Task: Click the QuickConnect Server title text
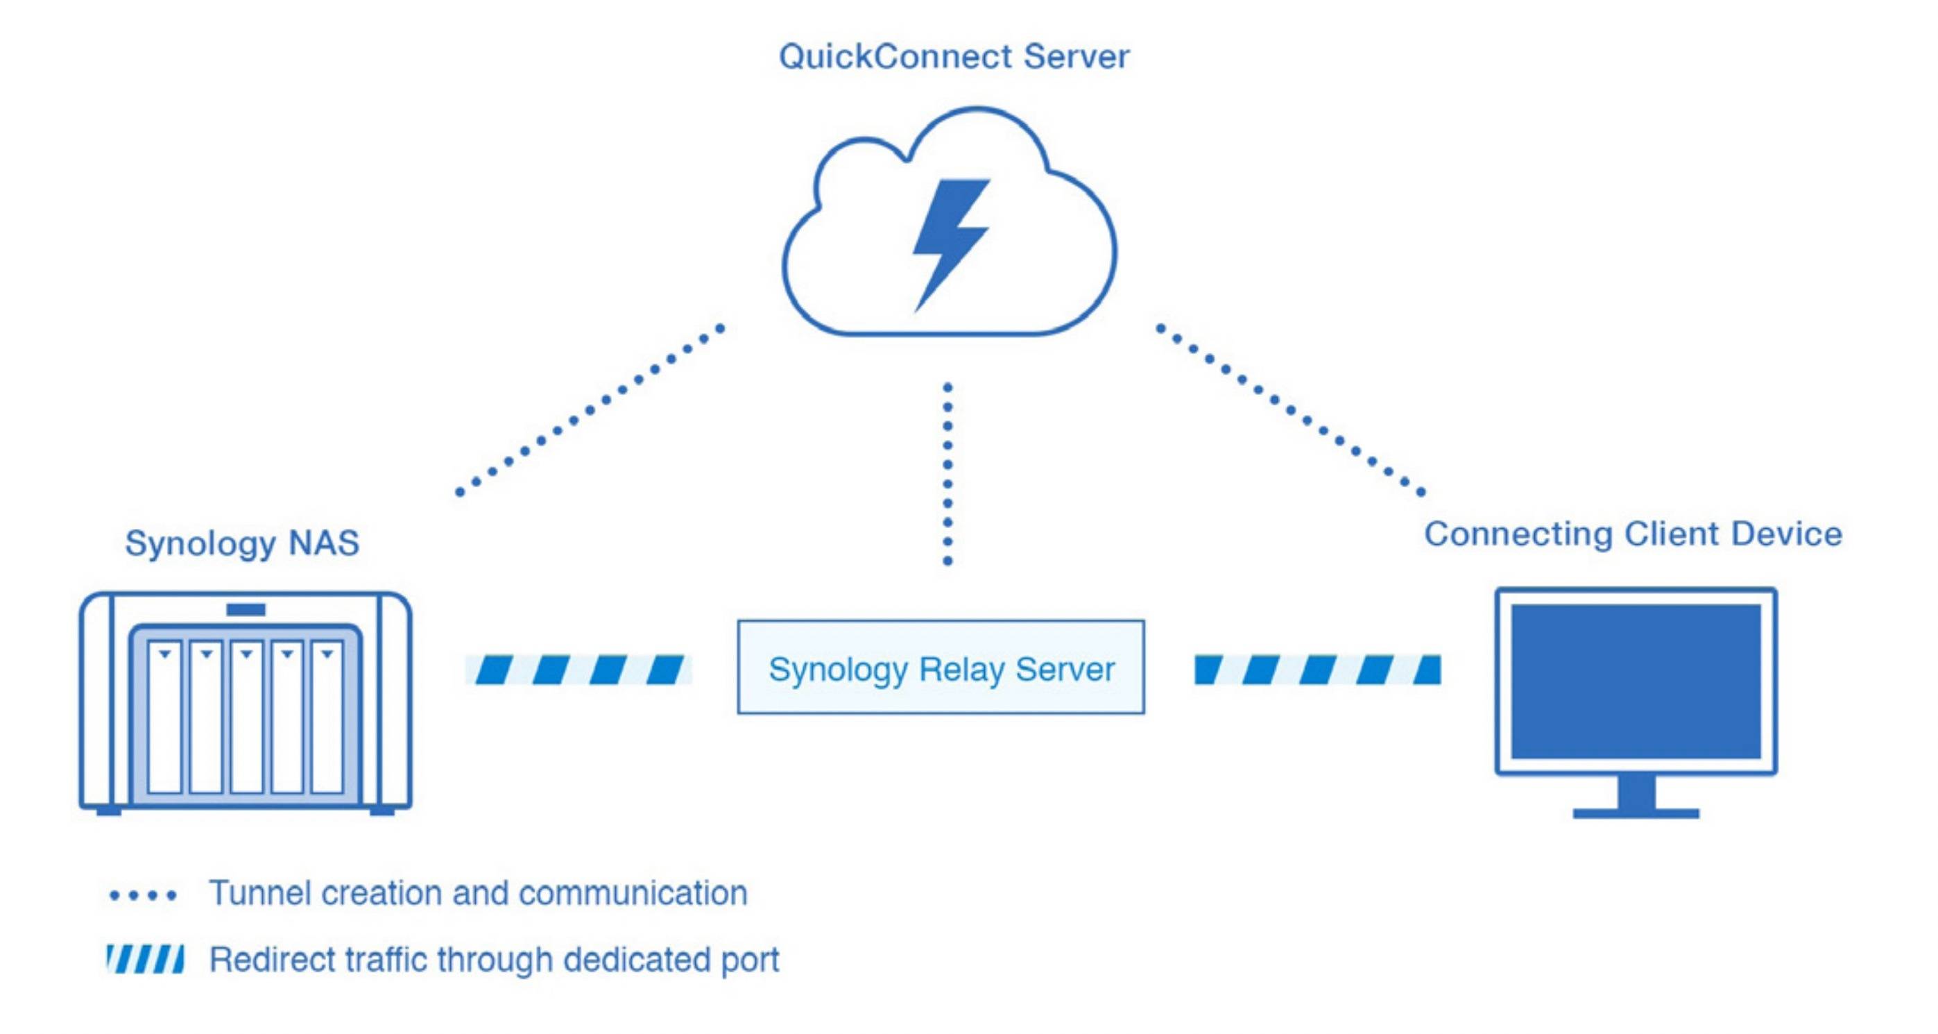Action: click(953, 57)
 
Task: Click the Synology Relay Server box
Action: click(941, 668)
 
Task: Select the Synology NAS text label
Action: click(241, 543)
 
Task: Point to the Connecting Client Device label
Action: click(1633, 534)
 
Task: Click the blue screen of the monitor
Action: click(1636, 681)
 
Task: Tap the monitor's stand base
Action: click(1636, 813)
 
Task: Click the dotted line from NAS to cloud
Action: click(590, 410)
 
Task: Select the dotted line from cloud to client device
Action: click(1289, 410)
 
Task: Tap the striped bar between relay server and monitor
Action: click(1317, 669)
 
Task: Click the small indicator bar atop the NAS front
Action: click(246, 609)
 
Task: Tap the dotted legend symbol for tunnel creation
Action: click(143, 895)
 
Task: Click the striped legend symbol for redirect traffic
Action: click(144, 960)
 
